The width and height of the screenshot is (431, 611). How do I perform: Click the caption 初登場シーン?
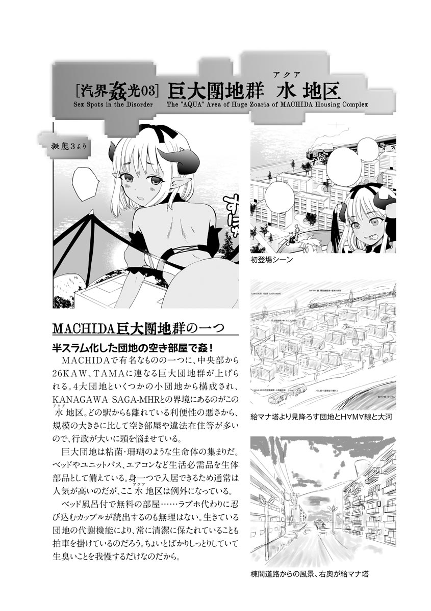[x=271, y=260]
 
